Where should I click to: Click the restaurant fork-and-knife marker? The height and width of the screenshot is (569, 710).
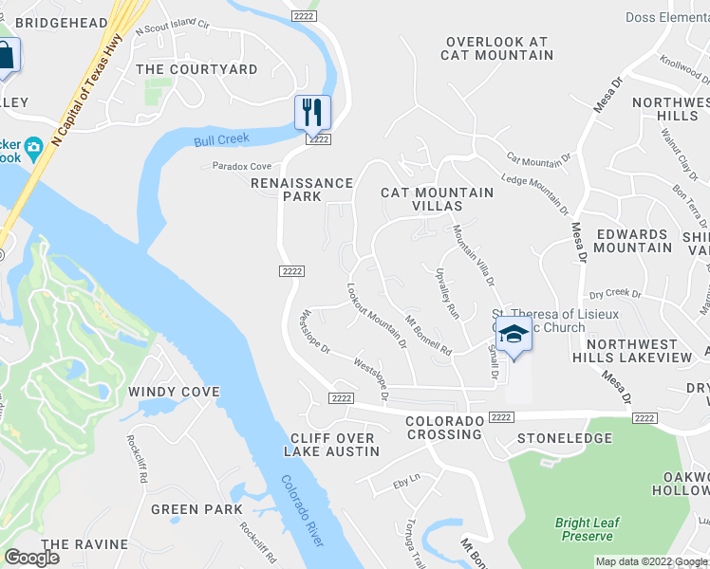[x=312, y=114]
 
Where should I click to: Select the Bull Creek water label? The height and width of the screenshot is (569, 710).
[x=221, y=139]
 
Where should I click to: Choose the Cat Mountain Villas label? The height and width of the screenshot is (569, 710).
[x=437, y=199]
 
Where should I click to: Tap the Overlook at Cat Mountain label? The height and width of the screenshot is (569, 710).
[x=496, y=48]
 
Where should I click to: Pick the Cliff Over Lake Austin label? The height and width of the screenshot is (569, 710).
[x=332, y=444]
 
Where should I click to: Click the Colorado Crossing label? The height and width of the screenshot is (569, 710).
[x=443, y=428]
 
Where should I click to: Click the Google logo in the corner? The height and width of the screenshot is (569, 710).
[x=31, y=558]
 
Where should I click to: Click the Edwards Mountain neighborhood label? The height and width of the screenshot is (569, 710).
[x=632, y=241]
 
